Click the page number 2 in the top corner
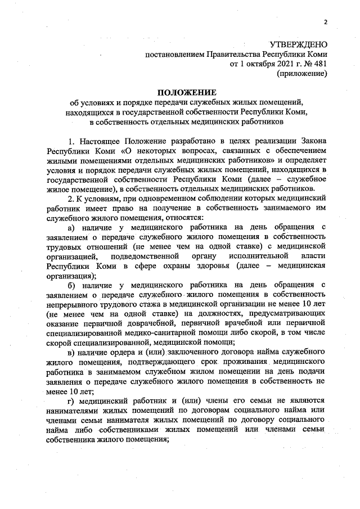pyautogui.click(x=325, y=22)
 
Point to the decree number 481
pyautogui.click(x=318, y=64)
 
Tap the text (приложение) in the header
pyautogui.click(x=303, y=73)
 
